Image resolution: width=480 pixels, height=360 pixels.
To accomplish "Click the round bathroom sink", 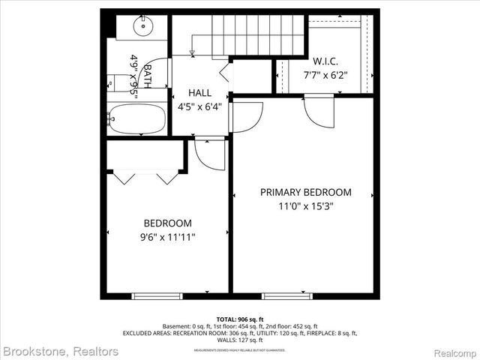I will [x=143, y=25].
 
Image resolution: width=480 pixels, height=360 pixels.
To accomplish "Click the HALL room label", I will [x=199, y=92].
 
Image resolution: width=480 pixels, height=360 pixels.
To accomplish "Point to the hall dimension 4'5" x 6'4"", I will [x=199, y=106].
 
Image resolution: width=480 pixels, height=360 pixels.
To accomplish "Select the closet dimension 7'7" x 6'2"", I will [x=326, y=75].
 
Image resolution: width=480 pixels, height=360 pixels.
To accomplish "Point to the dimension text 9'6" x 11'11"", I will [x=167, y=237].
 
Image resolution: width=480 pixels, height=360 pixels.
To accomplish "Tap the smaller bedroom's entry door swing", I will [x=209, y=154].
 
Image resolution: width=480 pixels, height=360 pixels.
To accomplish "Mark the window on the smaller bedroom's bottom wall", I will [x=157, y=296].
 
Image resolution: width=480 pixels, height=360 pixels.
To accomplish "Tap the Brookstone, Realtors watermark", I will [x=61, y=351].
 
